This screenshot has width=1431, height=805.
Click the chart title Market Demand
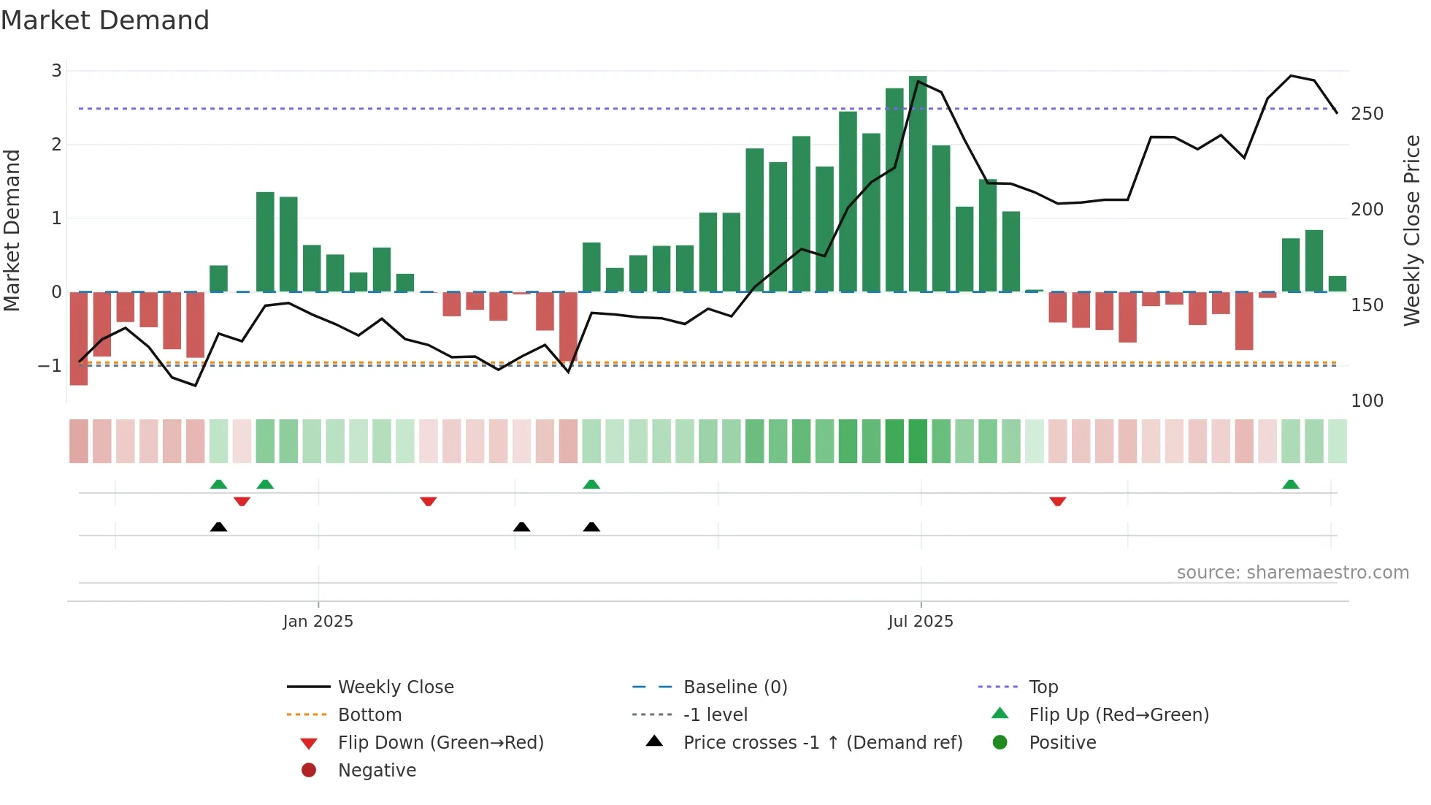coord(105,20)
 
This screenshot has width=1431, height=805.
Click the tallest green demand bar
coord(918,183)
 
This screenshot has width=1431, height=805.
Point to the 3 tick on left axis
coord(56,71)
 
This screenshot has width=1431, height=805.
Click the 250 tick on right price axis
coord(1367,114)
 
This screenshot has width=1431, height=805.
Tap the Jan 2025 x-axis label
coord(318,622)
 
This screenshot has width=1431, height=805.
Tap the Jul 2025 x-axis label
coord(920,622)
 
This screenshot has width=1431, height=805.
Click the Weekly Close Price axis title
coord(1412,230)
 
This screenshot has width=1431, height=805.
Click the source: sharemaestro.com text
coord(1292,573)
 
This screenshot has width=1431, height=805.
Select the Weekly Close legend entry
coord(395,687)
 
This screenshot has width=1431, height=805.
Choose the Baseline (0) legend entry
coord(734,687)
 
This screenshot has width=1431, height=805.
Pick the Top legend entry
coord(1043,687)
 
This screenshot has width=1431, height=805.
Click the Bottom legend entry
coord(369,715)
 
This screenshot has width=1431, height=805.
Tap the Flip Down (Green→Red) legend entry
coord(440,743)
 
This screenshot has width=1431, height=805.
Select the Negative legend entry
coord(377,771)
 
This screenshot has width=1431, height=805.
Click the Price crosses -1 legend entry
coord(822,743)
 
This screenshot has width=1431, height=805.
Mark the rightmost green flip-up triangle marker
coord(1290,484)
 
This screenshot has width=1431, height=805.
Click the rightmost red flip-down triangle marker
coord(1057,501)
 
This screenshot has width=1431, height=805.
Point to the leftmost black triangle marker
coord(218,527)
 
